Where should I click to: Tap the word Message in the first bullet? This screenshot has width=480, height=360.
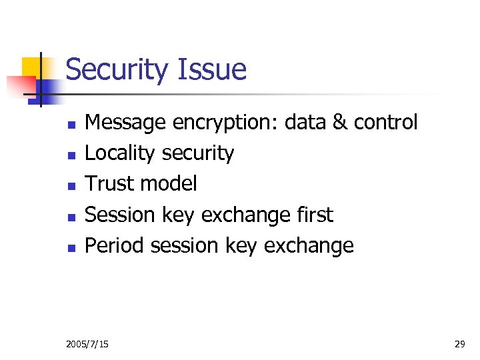(126, 123)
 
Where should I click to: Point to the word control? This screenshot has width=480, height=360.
(385, 123)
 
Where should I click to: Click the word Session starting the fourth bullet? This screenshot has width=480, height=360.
(121, 215)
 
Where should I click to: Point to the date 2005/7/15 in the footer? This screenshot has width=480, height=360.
(88, 344)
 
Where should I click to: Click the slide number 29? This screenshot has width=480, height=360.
(459, 344)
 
